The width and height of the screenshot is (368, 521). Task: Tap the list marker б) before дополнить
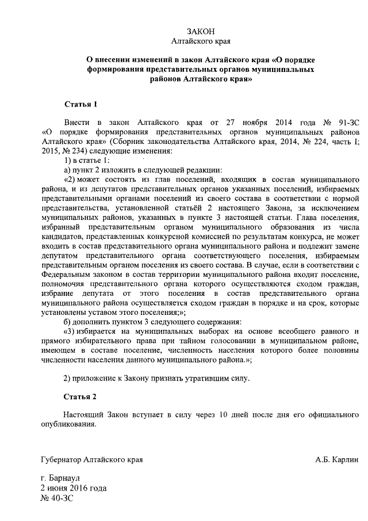pos(67,321)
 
